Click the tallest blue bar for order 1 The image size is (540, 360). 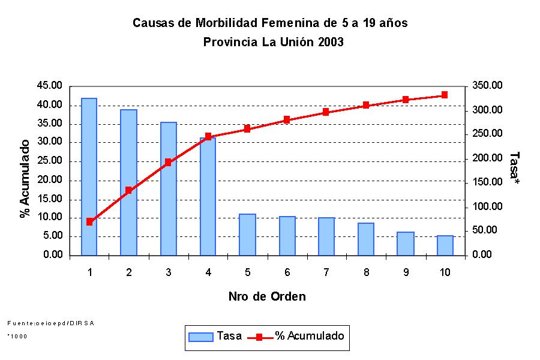[x=89, y=176]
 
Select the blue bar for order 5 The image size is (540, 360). [x=247, y=235]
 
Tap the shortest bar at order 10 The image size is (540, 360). [x=445, y=245]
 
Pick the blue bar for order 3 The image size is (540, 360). [x=169, y=188]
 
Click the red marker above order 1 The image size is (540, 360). [x=89, y=221]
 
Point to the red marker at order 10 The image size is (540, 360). [x=445, y=95]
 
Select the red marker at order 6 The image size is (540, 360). [x=287, y=119]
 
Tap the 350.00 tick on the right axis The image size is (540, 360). [x=486, y=86]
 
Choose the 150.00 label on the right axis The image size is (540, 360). [x=486, y=182]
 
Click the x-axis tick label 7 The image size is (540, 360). [x=326, y=272]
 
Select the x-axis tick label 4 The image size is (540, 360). [x=208, y=272]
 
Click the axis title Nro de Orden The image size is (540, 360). [x=267, y=296]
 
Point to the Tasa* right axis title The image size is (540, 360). [x=514, y=167]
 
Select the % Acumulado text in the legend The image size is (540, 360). [x=310, y=336]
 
